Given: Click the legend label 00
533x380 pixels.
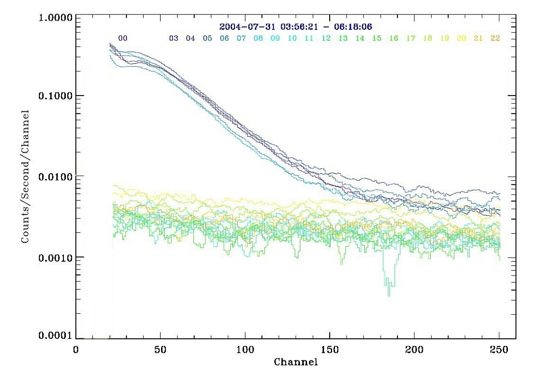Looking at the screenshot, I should click(123, 38).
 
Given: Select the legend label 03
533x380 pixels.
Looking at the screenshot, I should click(174, 38).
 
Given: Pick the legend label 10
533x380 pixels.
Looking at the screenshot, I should click(292, 38).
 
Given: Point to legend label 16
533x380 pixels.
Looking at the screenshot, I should click(394, 38).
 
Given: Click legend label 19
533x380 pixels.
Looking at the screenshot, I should click(445, 38).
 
